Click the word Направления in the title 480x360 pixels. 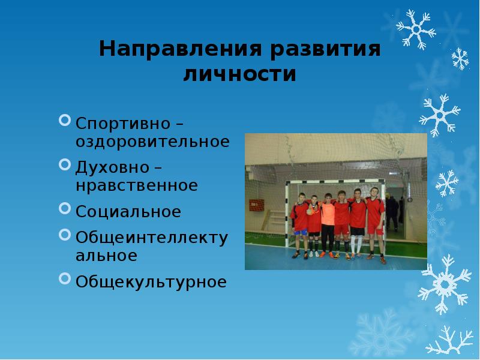click(x=181, y=49)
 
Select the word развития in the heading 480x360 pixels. click(x=325, y=49)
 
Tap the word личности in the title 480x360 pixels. click(x=239, y=74)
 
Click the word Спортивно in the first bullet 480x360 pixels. click(x=123, y=124)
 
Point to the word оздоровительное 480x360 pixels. click(x=152, y=142)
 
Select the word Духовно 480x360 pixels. click(x=112, y=168)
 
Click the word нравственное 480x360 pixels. click(x=137, y=185)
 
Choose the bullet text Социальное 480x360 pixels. click(x=128, y=212)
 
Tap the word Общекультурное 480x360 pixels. click(x=151, y=282)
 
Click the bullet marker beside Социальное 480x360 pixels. click(x=65, y=208)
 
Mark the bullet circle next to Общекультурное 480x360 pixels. click(x=65, y=279)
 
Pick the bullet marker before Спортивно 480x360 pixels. click(x=65, y=121)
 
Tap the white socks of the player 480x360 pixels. click(x=356, y=244)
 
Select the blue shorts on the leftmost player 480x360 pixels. click(x=301, y=232)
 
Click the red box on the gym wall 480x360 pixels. click(x=257, y=205)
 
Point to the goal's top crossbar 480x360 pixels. click(x=335, y=182)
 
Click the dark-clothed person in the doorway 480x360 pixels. click(x=392, y=213)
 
